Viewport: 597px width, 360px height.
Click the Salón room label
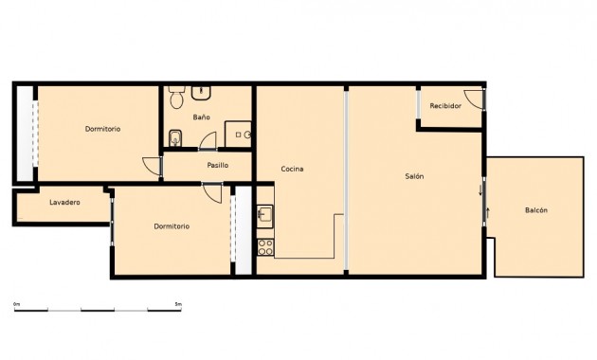tap(414, 177)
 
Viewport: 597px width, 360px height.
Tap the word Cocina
tap(292, 170)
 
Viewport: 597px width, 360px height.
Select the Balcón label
tap(536, 210)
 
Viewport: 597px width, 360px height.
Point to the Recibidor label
tap(445, 106)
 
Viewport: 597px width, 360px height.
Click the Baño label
tap(201, 117)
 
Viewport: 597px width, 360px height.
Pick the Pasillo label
tap(218, 165)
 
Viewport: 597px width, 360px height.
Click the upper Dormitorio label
tap(102, 129)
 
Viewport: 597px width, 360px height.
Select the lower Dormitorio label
tap(172, 226)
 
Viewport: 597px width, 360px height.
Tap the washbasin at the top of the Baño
tap(202, 92)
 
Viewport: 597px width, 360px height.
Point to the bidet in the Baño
tap(173, 140)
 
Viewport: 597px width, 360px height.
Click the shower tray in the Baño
tap(239, 135)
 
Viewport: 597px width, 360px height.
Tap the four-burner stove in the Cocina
tap(265, 247)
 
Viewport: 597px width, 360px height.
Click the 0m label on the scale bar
tap(16, 303)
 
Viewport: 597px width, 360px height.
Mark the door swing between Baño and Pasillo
tap(208, 142)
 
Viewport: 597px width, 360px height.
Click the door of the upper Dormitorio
tap(152, 164)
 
